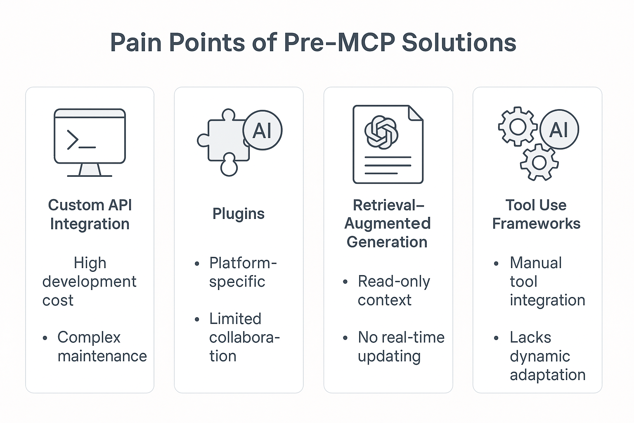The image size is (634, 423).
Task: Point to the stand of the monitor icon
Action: [x=90, y=170]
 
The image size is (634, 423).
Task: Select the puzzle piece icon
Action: [x=225, y=143]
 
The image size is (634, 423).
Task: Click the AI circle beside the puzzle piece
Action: [x=262, y=130]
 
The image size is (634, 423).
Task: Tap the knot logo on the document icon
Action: [x=381, y=132]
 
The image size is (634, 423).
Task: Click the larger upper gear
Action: [x=518, y=126]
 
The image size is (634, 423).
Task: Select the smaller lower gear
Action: [x=539, y=162]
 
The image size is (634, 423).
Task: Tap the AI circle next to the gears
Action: [x=559, y=129]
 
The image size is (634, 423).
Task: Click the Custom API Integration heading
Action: [x=90, y=214]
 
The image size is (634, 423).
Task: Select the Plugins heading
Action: [x=238, y=214]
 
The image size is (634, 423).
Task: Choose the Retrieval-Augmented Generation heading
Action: [x=388, y=223]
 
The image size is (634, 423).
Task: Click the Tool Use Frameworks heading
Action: [x=536, y=214]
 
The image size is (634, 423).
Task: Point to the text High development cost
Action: [x=89, y=281]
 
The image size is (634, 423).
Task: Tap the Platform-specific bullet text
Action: [x=242, y=272]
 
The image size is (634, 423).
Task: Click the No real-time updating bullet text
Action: [x=400, y=347]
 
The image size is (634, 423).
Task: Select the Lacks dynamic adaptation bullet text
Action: [x=547, y=356]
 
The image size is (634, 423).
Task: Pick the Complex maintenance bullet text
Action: [x=102, y=347]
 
